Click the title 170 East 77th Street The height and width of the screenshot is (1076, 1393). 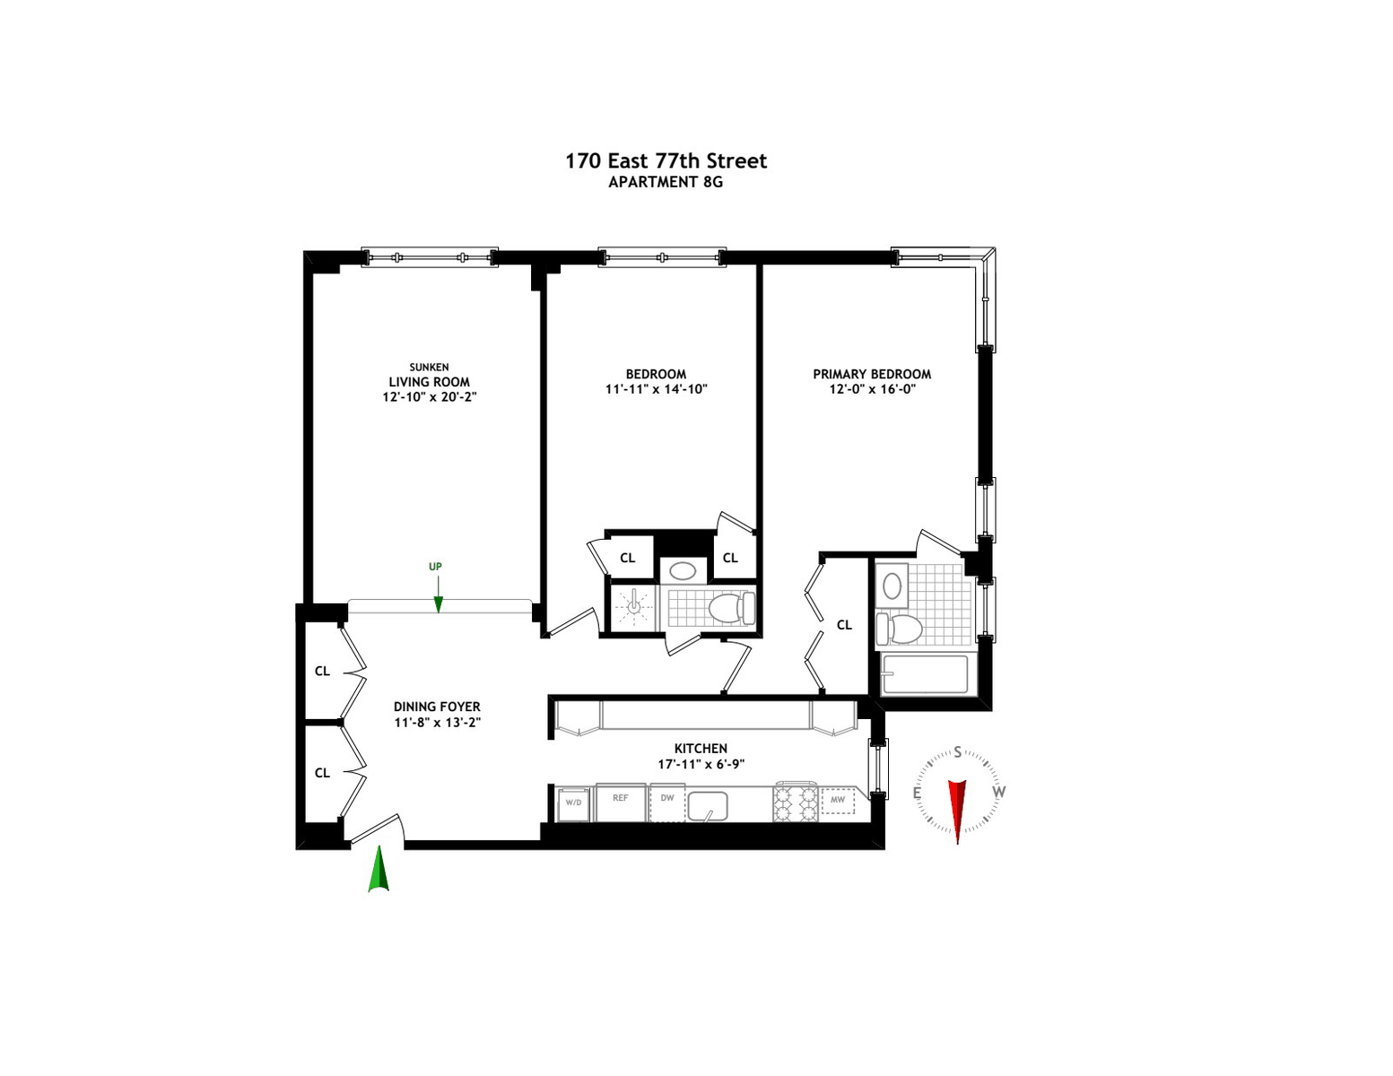tap(666, 161)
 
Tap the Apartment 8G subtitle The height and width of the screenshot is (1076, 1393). tap(666, 182)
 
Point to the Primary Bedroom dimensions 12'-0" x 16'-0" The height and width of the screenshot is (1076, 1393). tap(872, 389)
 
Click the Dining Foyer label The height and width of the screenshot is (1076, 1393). tap(437, 707)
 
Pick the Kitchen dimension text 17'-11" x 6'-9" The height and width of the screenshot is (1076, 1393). tap(701, 764)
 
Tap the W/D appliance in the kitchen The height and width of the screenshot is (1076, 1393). tap(573, 804)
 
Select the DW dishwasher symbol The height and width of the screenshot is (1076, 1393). tap(666, 803)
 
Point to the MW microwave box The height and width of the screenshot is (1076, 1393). tap(838, 800)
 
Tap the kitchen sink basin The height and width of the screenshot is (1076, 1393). tap(707, 805)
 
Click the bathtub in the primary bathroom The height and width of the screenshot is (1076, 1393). tap(925, 674)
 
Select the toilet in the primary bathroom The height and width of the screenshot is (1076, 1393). tap(899, 629)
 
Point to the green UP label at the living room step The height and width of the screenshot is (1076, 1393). tap(435, 567)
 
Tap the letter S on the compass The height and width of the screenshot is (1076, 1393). tap(958, 751)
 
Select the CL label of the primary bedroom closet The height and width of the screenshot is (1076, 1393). tap(844, 625)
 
